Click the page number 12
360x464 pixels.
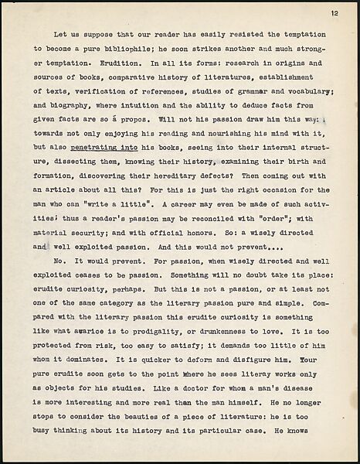[333, 13]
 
